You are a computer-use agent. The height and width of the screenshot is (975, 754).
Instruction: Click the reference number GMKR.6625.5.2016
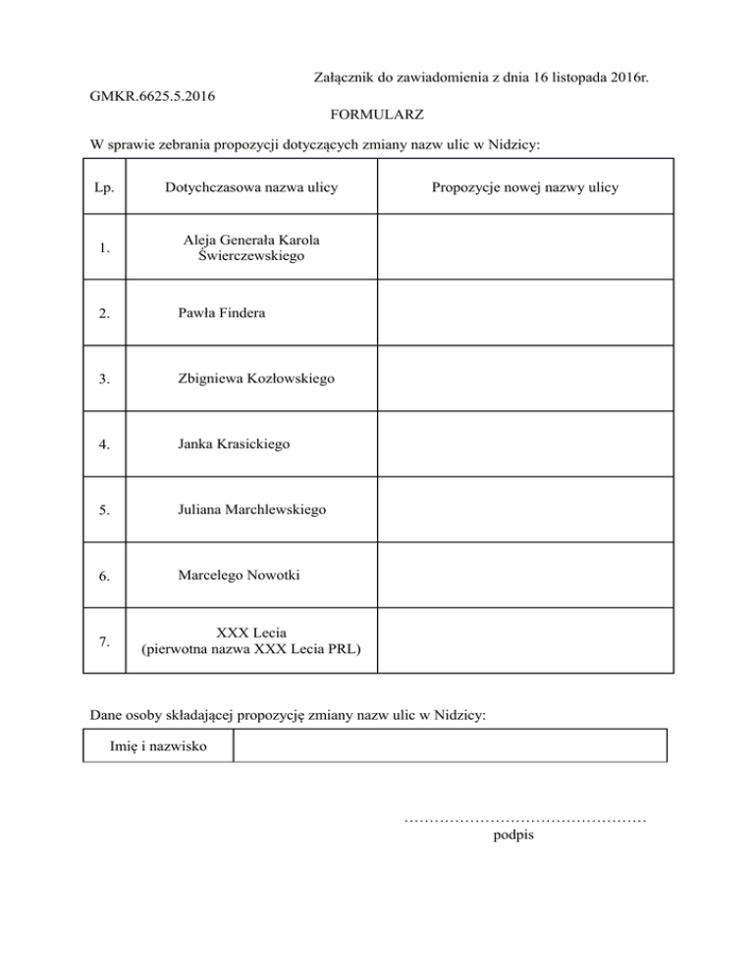[152, 96]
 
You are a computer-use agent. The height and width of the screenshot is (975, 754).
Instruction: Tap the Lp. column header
[104, 187]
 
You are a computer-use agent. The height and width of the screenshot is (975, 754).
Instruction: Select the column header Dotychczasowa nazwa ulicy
[250, 187]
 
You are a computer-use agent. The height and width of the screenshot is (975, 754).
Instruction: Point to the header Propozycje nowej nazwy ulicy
[524, 187]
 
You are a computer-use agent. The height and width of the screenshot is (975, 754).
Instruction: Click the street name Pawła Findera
[223, 313]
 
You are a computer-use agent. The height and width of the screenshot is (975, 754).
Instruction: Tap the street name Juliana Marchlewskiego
[252, 510]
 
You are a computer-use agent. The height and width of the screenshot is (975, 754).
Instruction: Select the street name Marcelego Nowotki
[239, 575]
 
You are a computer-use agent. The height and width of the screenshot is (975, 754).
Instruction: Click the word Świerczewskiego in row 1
[251, 256]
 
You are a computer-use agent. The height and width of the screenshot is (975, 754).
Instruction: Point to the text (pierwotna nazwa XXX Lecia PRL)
[251, 648]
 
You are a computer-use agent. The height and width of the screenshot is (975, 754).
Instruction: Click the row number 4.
[104, 445]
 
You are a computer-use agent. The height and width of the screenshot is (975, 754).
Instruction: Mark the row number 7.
[104, 641]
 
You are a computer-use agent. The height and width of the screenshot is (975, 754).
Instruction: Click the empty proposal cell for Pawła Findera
[524, 314]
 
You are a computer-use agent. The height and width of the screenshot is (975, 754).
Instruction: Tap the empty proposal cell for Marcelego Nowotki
[524, 576]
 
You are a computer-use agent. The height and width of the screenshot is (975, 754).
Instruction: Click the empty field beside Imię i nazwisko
[450, 745]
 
